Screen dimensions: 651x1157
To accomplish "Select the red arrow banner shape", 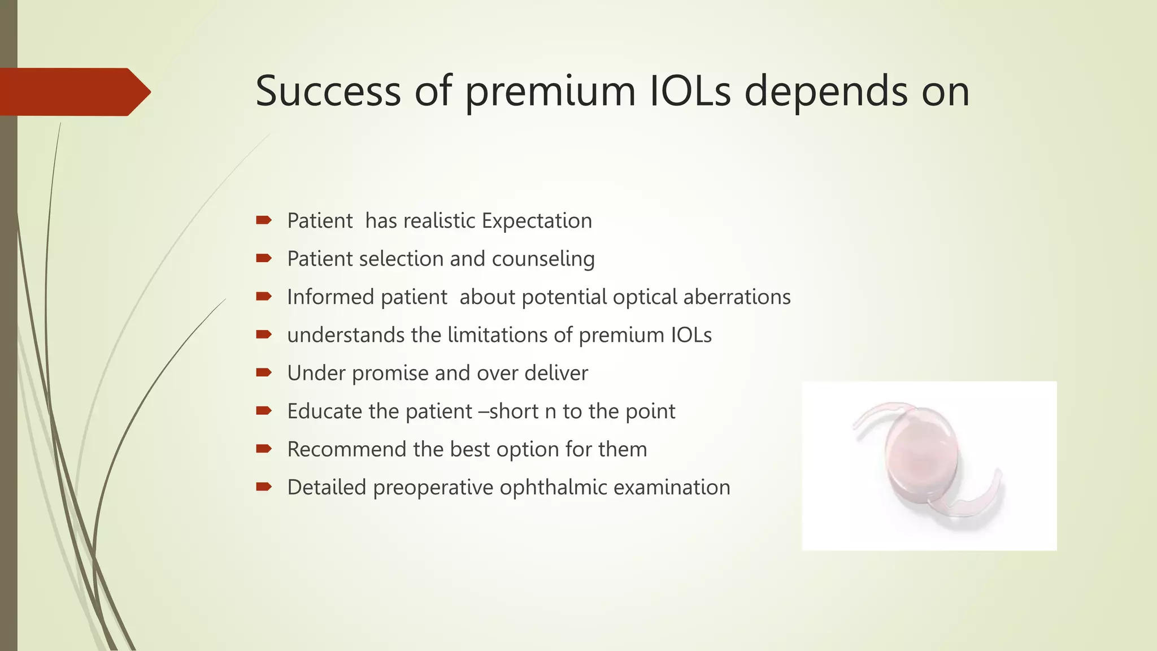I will (x=73, y=92).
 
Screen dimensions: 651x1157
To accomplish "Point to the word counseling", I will (x=543, y=259).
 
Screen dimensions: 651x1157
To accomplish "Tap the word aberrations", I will (x=737, y=297).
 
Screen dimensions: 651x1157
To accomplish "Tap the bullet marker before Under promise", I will (x=263, y=372).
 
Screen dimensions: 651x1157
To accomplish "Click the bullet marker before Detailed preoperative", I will (x=263, y=487).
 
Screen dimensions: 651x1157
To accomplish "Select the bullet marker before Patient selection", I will (x=263, y=258).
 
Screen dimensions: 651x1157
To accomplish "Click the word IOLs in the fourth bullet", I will (x=691, y=335).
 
